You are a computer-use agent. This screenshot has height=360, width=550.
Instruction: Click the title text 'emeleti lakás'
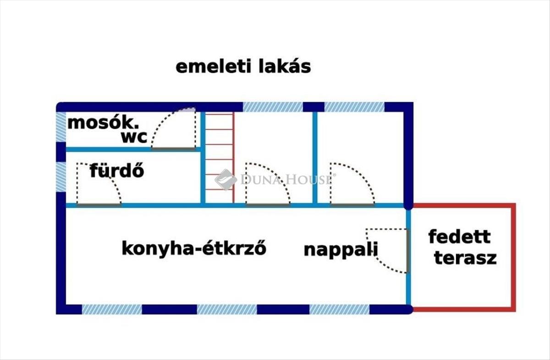click(x=243, y=67)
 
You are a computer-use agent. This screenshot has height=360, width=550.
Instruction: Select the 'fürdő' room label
click(x=117, y=171)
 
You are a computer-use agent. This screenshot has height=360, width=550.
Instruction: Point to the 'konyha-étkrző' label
click(x=194, y=249)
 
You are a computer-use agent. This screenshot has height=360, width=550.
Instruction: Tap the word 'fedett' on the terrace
click(x=459, y=237)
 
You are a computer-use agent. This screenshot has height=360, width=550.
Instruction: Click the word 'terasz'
click(x=465, y=258)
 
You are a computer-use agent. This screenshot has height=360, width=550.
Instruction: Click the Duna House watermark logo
click(x=225, y=179)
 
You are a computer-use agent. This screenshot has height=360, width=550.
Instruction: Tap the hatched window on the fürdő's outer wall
click(x=60, y=177)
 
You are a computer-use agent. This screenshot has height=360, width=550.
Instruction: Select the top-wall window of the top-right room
click(x=354, y=107)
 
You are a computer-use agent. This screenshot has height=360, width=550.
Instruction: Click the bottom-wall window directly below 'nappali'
click(x=339, y=309)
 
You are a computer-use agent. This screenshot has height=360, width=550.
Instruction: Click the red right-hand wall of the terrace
click(x=513, y=257)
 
